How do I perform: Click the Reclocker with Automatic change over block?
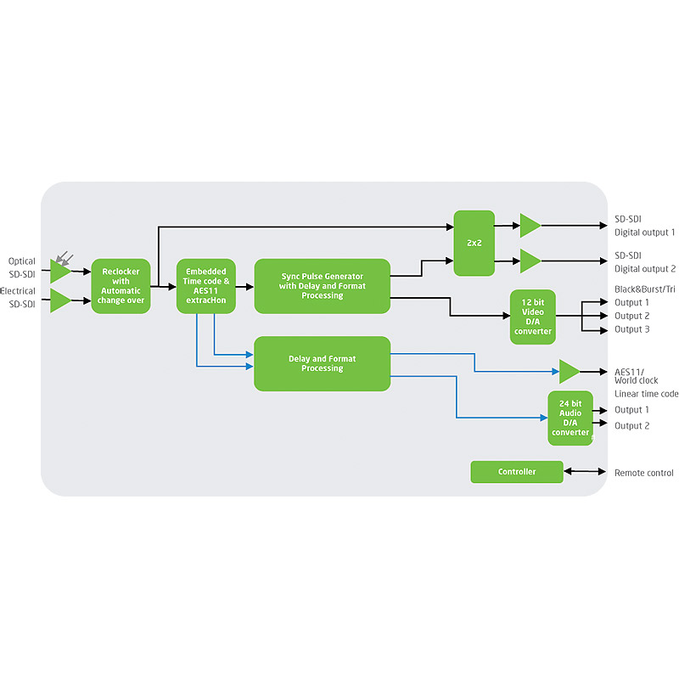(121, 286)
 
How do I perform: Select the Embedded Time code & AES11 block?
(205, 286)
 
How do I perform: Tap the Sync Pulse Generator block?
(322, 286)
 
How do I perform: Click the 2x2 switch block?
(474, 243)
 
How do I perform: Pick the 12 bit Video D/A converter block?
(532, 317)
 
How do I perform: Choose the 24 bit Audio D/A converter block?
(570, 418)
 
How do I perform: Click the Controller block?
(516, 472)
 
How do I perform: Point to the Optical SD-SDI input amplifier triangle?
(59, 272)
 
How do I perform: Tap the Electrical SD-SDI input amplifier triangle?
(59, 300)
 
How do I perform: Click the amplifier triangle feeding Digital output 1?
(530, 226)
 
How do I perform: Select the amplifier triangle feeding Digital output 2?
(530, 261)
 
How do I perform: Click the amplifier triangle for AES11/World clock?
(569, 372)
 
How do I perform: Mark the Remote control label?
(643, 473)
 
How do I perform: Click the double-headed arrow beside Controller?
(583, 472)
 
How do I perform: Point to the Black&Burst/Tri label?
(645, 289)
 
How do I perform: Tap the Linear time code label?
(646, 394)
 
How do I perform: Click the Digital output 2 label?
(644, 269)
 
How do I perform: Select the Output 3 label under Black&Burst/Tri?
(631, 329)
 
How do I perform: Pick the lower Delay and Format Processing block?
(322, 363)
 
